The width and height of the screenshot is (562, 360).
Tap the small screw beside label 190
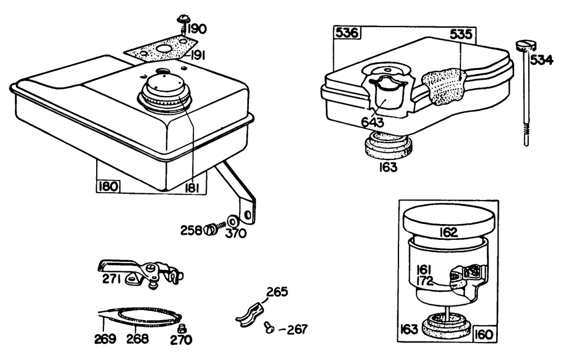click(183, 21)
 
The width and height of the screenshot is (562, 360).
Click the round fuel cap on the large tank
click(164, 92)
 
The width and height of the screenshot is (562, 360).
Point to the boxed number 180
click(108, 186)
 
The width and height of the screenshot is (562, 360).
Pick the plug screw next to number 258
click(210, 229)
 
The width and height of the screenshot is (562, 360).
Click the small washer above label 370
click(232, 219)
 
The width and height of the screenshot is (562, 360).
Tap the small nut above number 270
click(182, 329)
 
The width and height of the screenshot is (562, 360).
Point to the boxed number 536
click(347, 33)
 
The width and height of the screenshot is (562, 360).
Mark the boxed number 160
click(484, 335)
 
